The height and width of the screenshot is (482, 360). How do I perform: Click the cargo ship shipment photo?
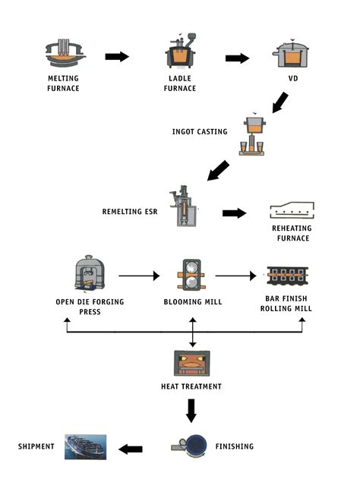[85, 447]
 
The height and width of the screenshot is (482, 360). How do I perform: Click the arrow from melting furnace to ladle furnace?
[117, 57]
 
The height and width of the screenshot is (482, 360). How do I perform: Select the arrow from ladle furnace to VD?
[237, 58]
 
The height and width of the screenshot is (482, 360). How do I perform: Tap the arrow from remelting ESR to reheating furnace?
[234, 213]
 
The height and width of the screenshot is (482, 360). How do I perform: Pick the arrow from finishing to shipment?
[131, 449]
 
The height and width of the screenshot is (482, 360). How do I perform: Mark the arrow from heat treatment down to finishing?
[191, 411]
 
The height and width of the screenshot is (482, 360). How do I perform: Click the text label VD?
[292, 78]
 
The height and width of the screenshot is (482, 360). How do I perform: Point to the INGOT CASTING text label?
[200, 131]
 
